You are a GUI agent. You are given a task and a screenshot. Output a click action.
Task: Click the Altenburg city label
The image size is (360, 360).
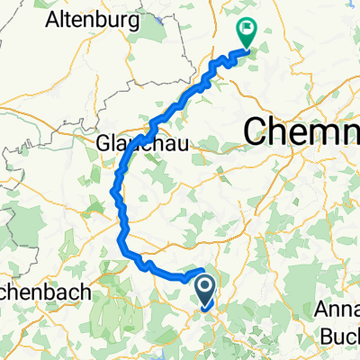pyautogui.click(x=91, y=18)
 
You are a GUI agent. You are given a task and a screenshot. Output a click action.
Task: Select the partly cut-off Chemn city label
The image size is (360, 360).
pyautogui.click(x=302, y=132)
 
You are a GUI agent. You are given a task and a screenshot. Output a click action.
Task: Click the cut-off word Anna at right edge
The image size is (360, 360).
pyautogui.click(x=337, y=309)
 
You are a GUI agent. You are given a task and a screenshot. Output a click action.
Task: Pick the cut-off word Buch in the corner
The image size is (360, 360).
pyautogui.click(x=339, y=332)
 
